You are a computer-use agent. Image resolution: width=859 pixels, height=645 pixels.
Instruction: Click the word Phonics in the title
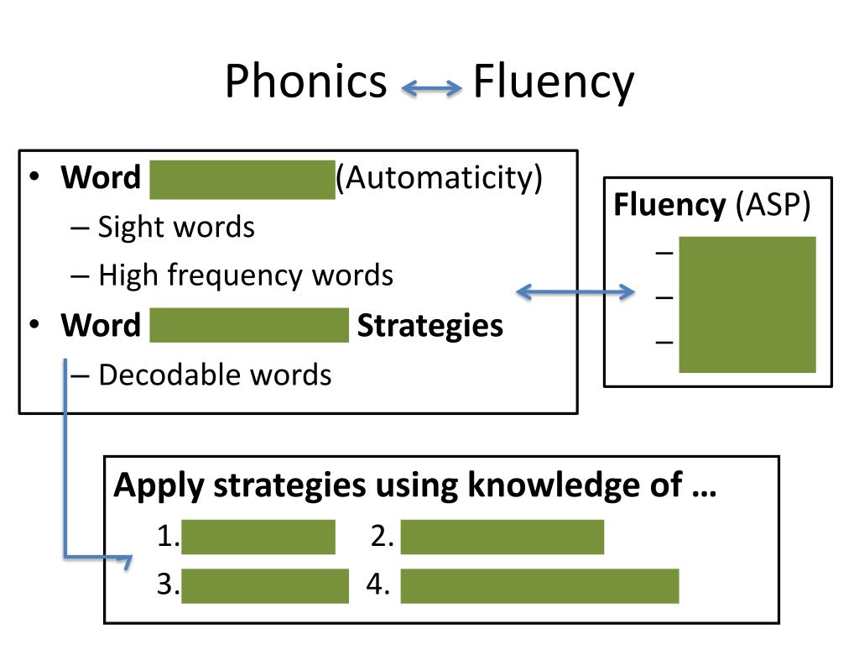tap(305, 83)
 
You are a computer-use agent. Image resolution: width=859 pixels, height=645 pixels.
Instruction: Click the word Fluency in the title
tap(553, 83)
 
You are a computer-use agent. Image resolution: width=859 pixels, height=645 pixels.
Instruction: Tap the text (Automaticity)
tap(440, 178)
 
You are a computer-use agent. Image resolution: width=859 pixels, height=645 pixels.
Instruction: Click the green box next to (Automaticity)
tap(242, 179)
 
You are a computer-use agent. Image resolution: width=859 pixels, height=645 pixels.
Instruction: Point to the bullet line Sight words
tap(176, 227)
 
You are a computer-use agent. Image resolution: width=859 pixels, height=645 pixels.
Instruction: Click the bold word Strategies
tap(429, 325)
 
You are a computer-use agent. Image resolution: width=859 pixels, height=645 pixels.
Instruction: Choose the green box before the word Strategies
tap(248, 325)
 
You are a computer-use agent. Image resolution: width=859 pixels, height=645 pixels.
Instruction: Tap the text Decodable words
tap(215, 375)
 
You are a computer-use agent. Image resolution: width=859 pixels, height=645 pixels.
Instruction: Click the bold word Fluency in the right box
tap(669, 206)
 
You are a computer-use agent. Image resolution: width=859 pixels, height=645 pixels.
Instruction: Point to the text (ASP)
tap(773, 206)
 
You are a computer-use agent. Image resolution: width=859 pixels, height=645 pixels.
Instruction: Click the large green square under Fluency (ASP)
tap(747, 304)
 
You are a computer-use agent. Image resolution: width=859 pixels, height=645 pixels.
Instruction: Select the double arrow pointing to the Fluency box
tap(575, 292)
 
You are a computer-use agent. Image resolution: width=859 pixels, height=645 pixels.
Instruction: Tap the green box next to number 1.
tap(258, 537)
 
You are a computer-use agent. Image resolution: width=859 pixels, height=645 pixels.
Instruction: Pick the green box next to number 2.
tap(502, 537)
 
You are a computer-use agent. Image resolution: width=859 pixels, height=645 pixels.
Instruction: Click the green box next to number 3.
tap(264, 585)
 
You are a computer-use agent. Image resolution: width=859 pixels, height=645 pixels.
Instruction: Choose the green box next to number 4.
tap(539, 585)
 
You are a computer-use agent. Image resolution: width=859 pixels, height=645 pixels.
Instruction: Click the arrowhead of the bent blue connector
tap(128, 560)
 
